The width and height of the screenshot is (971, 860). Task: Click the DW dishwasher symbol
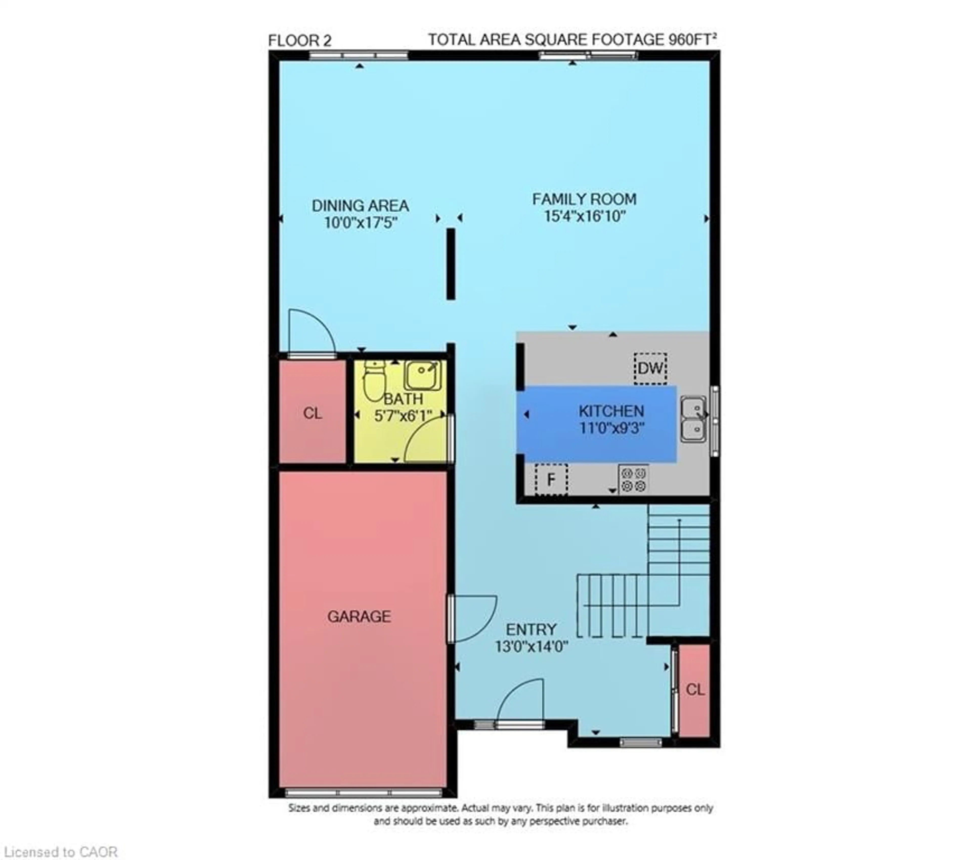tap(650, 368)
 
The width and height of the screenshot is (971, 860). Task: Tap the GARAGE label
tap(359, 616)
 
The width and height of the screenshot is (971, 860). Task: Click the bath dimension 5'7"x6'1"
tap(403, 416)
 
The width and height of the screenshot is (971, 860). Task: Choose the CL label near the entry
tap(695, 690)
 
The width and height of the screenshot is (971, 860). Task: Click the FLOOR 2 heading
tap(299, 41)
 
